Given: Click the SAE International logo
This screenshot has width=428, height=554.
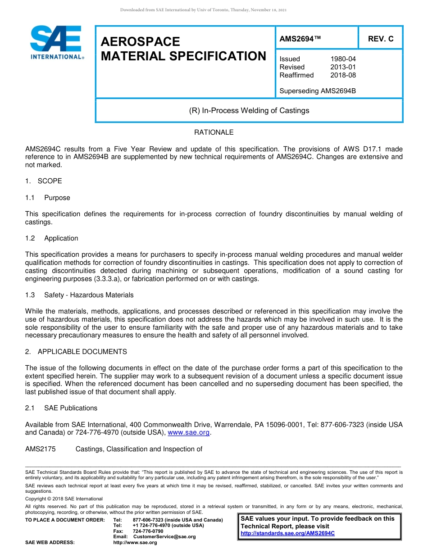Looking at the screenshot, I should tap(56, 43).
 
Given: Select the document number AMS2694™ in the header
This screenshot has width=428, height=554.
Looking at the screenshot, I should tap(300, 39).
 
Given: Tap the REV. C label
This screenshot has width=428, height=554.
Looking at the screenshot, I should tap(381, 39).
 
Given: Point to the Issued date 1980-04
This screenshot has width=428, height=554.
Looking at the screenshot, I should tap(343, 59).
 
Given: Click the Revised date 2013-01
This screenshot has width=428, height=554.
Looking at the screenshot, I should tap(343, 67).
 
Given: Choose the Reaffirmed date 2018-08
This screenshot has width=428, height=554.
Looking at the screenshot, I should tap(343, 75).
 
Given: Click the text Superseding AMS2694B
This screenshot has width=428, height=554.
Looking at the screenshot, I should tap(318, 91).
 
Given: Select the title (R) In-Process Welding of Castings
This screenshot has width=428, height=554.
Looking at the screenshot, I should tap(249, 110).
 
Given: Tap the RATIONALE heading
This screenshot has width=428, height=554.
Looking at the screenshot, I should tap(214, 132).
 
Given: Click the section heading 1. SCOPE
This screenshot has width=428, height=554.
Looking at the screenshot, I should tap(44, 181).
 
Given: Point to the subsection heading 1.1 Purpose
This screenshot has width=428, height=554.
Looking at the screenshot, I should tap(48, 198).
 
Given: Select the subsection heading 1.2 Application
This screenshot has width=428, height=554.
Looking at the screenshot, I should tap(52, 238).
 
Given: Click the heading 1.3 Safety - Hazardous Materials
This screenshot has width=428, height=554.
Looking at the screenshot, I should tap(79, 295).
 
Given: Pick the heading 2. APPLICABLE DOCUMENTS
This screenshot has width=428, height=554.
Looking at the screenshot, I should tap(76, 351).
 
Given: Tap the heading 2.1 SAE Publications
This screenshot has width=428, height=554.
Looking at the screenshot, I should tap(61, 408).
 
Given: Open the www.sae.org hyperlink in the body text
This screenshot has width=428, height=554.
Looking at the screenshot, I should tap(188, 433).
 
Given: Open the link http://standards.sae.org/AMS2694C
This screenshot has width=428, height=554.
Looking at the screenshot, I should tap(288, 533).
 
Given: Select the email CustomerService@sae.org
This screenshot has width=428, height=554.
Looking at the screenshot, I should tap(164, 536).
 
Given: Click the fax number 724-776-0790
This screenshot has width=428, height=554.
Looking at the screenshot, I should tap(148, 531).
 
